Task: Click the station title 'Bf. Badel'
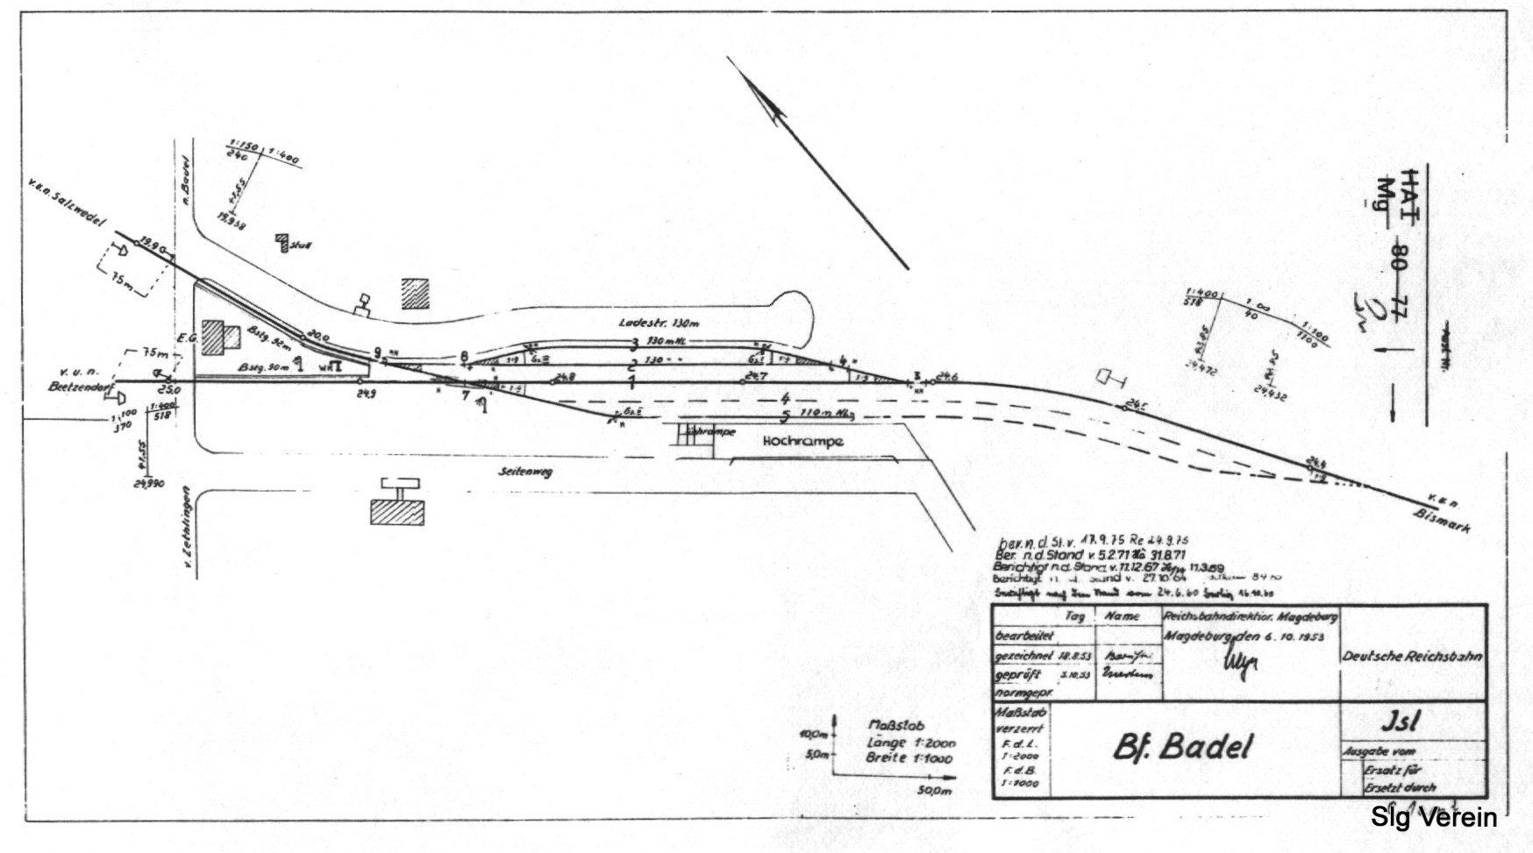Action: tap(1183, 746)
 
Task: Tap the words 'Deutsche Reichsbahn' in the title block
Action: tap(1412, 657)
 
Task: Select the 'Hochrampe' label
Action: tap(802, 442)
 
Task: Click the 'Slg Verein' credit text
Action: tap(1433, 818)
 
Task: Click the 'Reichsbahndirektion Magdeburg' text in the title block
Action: tap(1249, 616)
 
